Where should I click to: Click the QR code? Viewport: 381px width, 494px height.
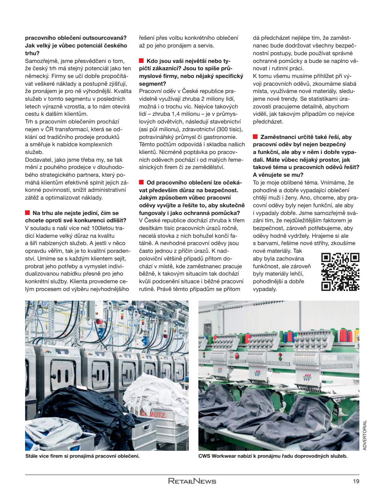(x=340, y=272)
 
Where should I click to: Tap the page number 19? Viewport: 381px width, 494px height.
(x=356, y=481)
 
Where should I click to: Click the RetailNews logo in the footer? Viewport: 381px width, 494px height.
(x=192, y=481)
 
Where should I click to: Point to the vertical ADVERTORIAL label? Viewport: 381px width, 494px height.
(x=365, y=435)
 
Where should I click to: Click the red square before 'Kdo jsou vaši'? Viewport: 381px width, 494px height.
(x=141, y=61)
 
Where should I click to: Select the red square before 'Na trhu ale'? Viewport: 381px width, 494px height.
(x=27, y=213)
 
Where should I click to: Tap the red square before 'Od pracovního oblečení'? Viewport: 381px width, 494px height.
(x=141, y=182)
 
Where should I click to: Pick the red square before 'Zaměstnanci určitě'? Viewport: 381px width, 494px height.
(x=255, y=137)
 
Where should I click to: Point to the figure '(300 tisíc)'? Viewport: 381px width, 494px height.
(x=229, y=129)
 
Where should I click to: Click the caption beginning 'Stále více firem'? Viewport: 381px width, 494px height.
(x=82, y=456)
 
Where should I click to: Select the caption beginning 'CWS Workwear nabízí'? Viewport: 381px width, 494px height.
(x=273, y=456)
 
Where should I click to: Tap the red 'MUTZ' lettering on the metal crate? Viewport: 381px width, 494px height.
(x=154, y=415)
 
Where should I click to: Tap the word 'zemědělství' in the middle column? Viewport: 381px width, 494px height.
(x=210, y=167)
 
